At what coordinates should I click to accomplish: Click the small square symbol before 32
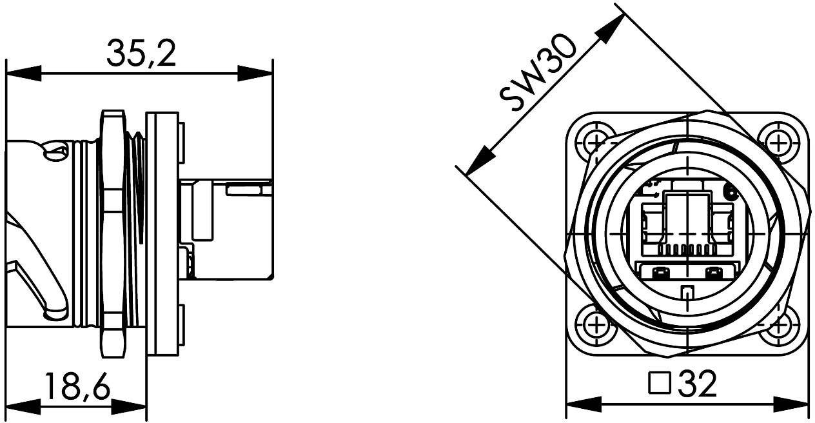pos(658,385)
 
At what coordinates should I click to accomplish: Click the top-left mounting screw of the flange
pos(595,141)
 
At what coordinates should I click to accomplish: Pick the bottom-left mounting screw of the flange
pos(595,324)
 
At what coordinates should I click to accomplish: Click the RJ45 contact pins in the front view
pos(686,249)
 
